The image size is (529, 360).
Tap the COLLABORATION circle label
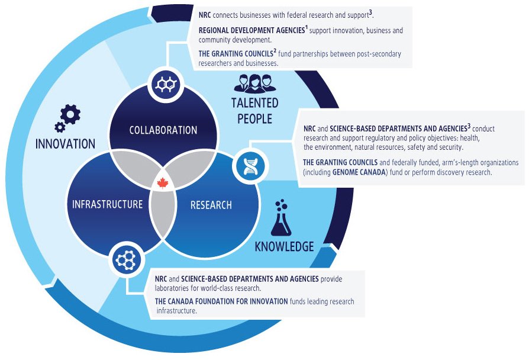click(x=163, y=130)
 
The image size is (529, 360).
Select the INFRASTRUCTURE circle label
click(x=107, y=205)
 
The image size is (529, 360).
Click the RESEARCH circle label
click(x=211, y=205)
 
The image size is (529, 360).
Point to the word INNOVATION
click(x=65, y=143)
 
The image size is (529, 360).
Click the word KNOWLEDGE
click(x=284, y=246)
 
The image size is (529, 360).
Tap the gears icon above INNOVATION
click(x=67, y=118)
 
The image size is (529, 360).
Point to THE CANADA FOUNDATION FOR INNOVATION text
click(x=221, y=301)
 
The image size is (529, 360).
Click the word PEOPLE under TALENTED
click(x=254, y=119)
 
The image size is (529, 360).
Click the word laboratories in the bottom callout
click(x=174, y=288)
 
